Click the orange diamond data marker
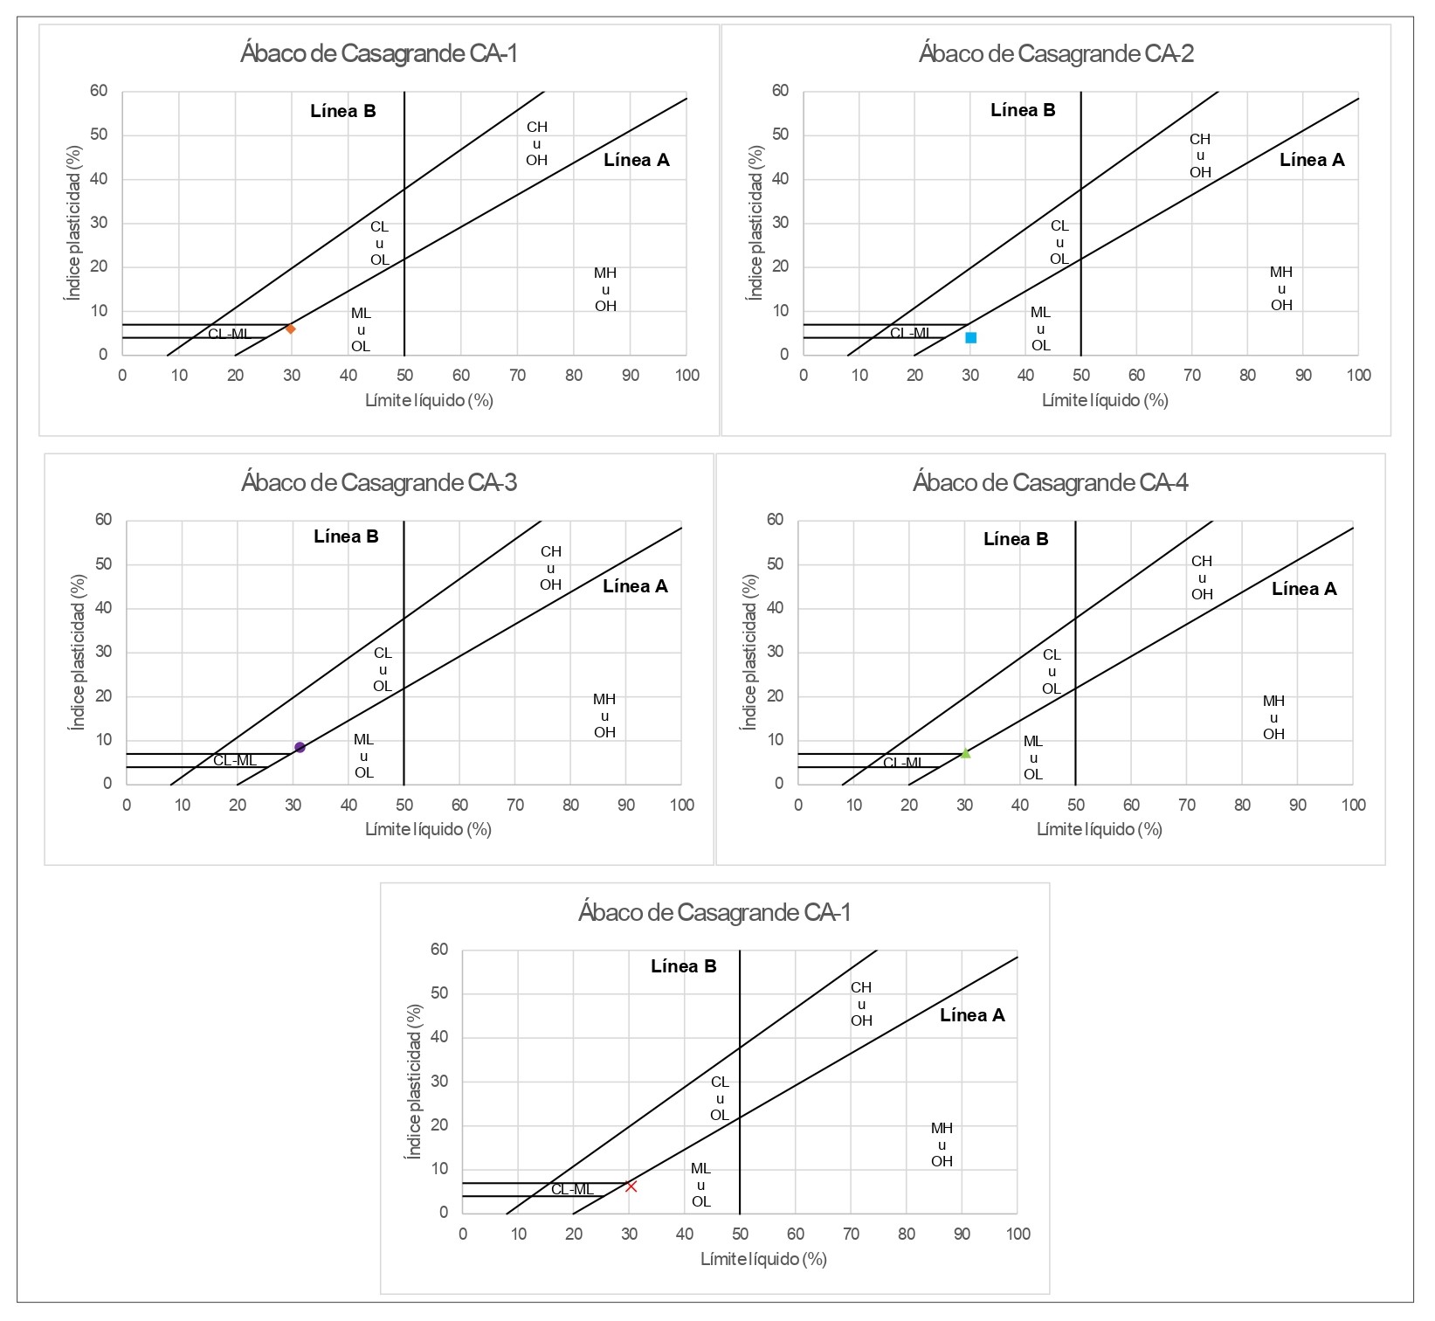tap(290, 329)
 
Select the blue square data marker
tap(970, 337)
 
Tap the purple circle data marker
tap(300, 747)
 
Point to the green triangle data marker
tap(965, 753)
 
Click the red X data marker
tap(631, 1186)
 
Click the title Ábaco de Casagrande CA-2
tap(1056, 54)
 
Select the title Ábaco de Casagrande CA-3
tap(379, 482)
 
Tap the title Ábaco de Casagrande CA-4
tap(1050, 482)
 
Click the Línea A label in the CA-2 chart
tap(1312, 160)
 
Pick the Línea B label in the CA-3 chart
tap(346, 536)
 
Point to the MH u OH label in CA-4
tap(1273, 717)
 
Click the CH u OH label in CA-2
tap(1200, 156)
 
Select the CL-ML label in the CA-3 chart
tap(235, 760)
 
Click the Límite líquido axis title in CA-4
tap(1099, 829)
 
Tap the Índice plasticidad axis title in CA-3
tap(79, 652)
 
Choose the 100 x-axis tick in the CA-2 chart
tap(1358, 376)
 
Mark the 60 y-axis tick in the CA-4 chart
tap(775, 520)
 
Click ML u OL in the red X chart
tap(700, 1185)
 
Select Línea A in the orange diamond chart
tap(636, 160)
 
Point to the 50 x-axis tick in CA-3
tap(404, 805)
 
